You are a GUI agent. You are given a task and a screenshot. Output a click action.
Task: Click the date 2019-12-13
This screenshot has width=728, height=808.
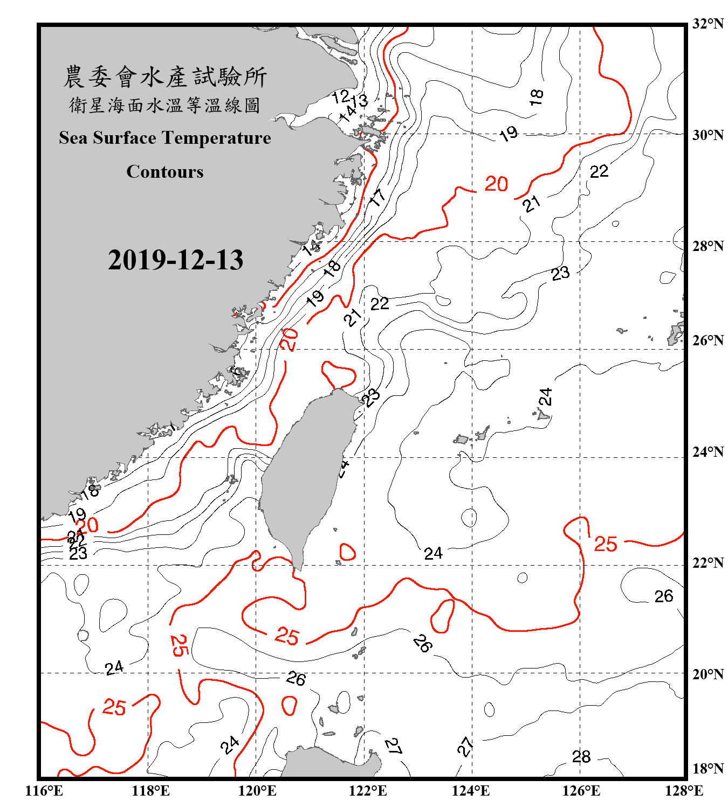175,260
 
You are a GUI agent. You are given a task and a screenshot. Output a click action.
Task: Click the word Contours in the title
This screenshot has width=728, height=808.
165,172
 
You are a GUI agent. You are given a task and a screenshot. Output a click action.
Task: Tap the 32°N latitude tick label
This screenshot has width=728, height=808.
708,24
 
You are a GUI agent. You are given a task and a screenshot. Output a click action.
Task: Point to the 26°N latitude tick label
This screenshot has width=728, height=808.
708,340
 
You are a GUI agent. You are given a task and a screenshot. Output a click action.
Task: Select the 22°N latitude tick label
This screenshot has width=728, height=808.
708,563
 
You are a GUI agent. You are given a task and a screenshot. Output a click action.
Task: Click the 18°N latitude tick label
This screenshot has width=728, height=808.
708,768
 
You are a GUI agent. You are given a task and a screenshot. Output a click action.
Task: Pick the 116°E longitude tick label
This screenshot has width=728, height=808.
44,791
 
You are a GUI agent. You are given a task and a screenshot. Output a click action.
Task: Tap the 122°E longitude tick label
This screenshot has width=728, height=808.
368,791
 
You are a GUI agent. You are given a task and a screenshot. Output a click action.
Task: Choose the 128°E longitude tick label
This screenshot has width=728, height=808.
684,791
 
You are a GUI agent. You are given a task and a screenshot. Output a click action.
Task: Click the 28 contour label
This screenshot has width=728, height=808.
581,757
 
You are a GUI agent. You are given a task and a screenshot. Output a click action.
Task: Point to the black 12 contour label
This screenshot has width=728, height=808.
340,97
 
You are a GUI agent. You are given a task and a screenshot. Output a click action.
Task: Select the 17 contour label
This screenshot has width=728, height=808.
377,198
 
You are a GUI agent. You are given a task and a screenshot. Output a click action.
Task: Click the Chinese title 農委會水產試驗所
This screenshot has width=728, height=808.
165,76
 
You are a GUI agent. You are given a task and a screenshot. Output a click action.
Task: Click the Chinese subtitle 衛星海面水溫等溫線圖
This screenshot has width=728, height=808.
165,105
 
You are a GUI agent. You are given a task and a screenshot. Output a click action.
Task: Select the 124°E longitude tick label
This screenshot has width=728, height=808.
471,791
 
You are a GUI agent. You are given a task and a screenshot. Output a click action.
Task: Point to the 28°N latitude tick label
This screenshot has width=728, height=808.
708,246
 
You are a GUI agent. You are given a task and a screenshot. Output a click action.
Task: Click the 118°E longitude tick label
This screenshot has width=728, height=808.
150,791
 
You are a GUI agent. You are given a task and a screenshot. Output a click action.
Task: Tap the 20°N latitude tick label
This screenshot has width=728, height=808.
708,674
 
